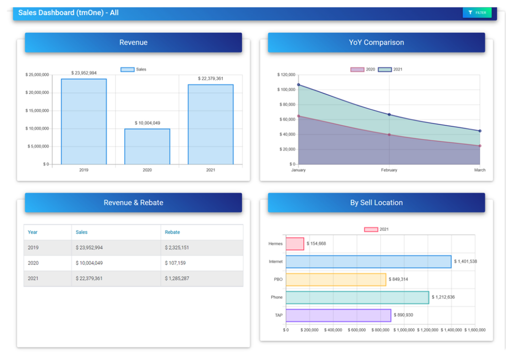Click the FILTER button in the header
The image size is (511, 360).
click(477, 12)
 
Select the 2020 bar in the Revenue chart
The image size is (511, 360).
click(147, 146)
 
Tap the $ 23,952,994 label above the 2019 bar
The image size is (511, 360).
click(84, 73)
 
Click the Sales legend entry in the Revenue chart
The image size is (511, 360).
click(133, 69)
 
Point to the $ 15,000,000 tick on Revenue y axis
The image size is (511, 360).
click(37, 110)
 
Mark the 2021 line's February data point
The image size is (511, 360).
click(389, 114)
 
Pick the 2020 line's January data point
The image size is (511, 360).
click(298, 116)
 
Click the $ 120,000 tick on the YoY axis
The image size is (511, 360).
click(286, 75)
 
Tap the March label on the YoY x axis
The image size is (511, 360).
click(480, 170)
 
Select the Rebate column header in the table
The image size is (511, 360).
click(172, 232)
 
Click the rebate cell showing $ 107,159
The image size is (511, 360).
click(175, 263)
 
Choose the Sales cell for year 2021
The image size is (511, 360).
click(89, 278)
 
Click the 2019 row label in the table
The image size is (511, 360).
click(33, 248)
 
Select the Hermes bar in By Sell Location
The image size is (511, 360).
click(294, 244)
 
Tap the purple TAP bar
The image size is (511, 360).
click(338, 315)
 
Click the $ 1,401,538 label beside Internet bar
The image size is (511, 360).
click(465, 262)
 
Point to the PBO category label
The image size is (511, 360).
click(278, 280)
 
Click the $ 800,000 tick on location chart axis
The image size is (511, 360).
click(381, 330)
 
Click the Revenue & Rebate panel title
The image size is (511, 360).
click(133, 203)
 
